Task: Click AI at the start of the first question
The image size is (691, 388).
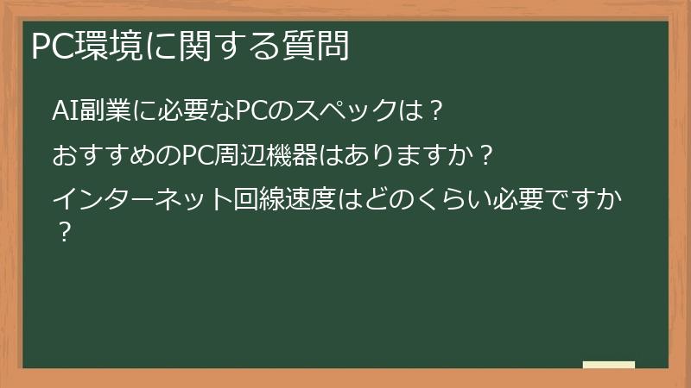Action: [x=65, y=111]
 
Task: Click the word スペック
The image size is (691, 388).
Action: [x=346, y=111]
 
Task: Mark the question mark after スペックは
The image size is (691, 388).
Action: [x=436, y=111]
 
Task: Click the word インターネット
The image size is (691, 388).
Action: [x=142, y=202]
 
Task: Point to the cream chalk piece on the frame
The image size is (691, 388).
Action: [x=609, y=366]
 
